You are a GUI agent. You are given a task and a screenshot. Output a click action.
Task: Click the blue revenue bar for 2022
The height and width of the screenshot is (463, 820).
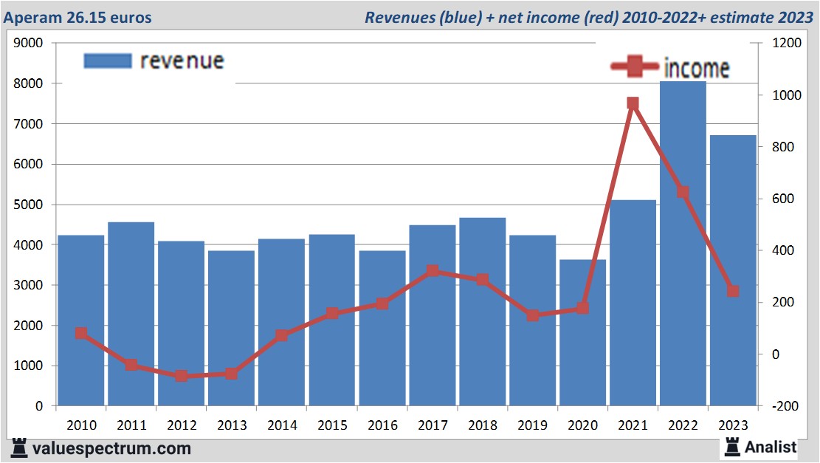pyautogui.click(x=683, y=244)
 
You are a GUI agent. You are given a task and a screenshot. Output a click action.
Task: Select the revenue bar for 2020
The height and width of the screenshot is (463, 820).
pyautogui.click(x=582, y=332)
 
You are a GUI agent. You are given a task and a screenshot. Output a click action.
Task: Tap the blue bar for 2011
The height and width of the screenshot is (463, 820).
pyautogui.click(x=131, y=314)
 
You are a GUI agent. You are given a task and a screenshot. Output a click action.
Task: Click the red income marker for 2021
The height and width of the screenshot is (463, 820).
pyautogui.click(x=633, y=103)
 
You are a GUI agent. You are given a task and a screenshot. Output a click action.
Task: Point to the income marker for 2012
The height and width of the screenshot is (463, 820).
pyautogui.click(x=182, y=376)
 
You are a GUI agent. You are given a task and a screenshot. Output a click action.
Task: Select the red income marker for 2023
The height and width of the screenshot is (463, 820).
pyautogui.click(x=733, y=291)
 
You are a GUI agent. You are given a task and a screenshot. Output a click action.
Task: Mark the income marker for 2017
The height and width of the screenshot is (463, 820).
pyautogui.click(x=433, y=271)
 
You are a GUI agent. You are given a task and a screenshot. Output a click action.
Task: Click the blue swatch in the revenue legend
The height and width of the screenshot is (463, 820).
pyautogui.click(x=107, y=61)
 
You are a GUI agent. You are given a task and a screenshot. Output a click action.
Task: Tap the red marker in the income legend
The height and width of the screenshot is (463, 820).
pyautogui.click(x=634, y=67)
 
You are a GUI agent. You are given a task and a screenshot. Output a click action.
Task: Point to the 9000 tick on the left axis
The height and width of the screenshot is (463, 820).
pyautogui.click(x=30, y=44)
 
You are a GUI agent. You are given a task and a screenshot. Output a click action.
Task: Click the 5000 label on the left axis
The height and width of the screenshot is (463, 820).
pyautogui.click(x=30, y=205)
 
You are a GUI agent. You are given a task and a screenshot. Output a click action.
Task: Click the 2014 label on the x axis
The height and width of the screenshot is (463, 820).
pyautogui.click(x=282, y=426)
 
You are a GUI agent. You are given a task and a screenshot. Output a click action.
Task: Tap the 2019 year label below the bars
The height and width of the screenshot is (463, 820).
pyautogui.click(x=533, y=426)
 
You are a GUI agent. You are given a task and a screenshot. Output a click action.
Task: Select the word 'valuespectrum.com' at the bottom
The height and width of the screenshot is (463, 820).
pyautogui.click(x=111, y=448)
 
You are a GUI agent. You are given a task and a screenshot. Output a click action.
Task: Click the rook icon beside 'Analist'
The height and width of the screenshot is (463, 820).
pyautogui.click(x=733, y=446)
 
